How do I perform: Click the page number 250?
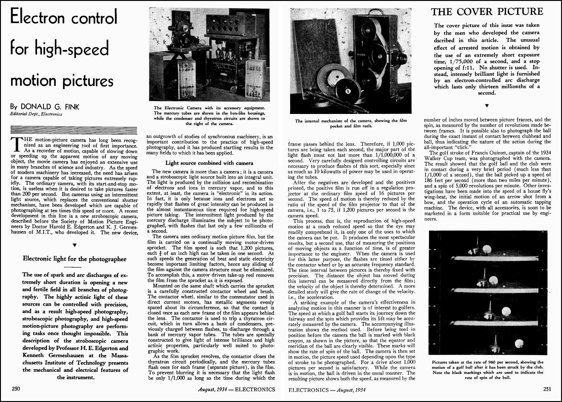pyautogui.click(x=16, y=389)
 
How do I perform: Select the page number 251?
pyautogui.click(x=547, y=389)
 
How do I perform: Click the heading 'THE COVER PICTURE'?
pyautogui.click(x=487, y=12)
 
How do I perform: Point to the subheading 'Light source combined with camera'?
pyautogui.click(x=209, y=163)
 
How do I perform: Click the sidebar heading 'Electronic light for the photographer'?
pyautogui.click(x=75, y=259)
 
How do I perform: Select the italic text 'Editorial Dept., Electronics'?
pyautogui.click(x=36, y=114)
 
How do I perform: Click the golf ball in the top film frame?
pyautogui.click(x=487, y=249)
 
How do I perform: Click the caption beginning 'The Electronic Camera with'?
pyautogui.click(x=209, y=116)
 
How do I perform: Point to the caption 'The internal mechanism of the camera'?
pyautogui.click(x=351, y=123)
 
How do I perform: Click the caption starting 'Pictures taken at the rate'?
pyautogui.click(x=487, y=370)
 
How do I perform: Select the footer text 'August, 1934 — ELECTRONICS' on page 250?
pyautogui.click(x=236, y=389)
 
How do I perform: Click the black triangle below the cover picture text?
pyautogui.click(x=487, y=106)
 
